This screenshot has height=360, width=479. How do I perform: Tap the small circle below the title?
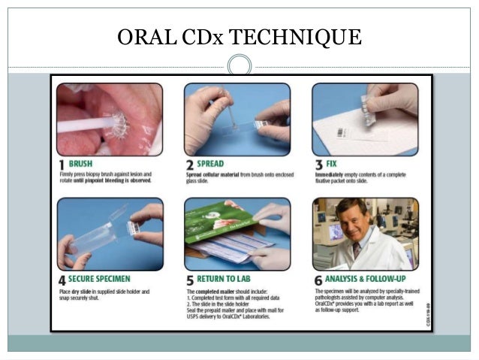pyautogui.click(x=239, y=65)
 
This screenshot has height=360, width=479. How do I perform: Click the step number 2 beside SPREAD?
pyautogui.click(x=189, y=163)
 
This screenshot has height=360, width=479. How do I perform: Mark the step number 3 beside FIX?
pyautogui.click(x=318, y=163)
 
